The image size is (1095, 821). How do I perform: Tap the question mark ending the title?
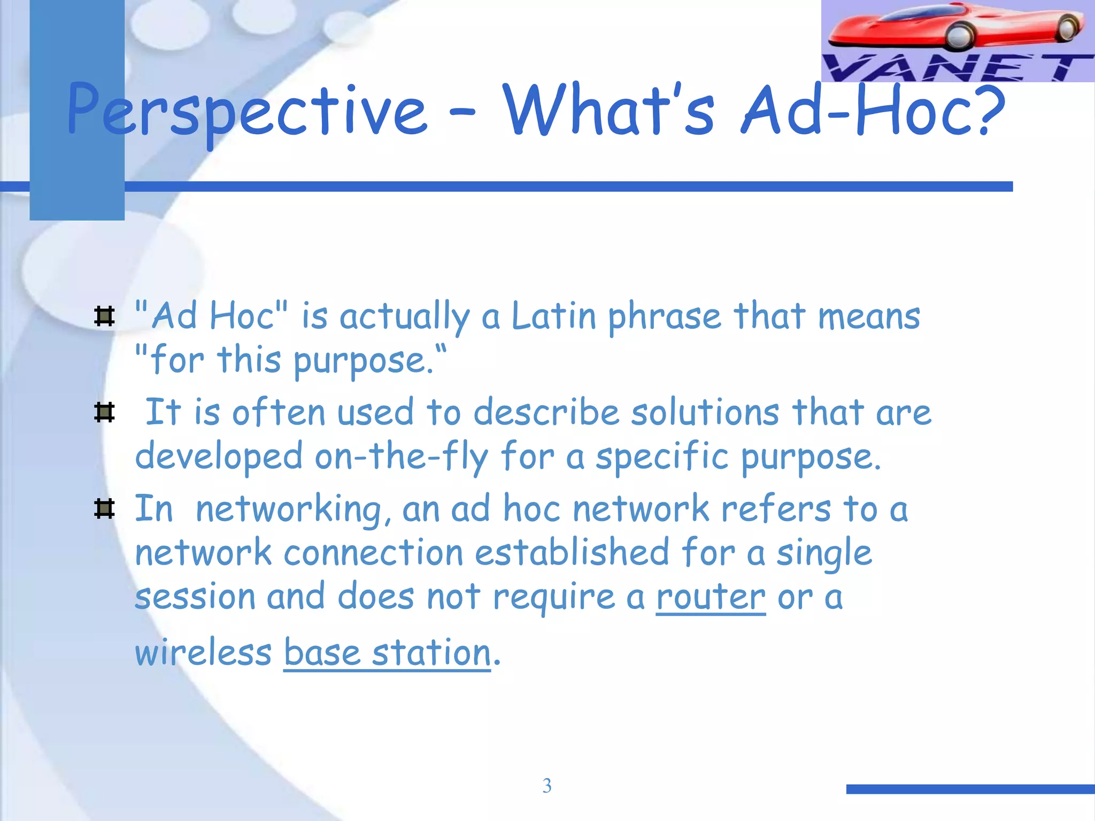point(988,110)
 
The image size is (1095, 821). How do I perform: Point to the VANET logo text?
point(957,68)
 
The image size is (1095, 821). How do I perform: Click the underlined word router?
point(711,597)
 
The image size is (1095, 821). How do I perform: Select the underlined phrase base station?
point(387,653)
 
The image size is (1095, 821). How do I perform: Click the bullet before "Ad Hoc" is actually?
point(104,316)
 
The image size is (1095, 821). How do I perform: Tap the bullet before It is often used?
point(104,412)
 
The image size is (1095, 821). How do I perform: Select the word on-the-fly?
point(401,457)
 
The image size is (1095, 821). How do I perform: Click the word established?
point(572,553)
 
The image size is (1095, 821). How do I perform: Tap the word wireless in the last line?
point(203,653)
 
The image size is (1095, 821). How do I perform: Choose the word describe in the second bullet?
point(546,413)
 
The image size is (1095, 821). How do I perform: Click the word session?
point(195,597)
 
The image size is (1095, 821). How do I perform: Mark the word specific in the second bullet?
point(661,457)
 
